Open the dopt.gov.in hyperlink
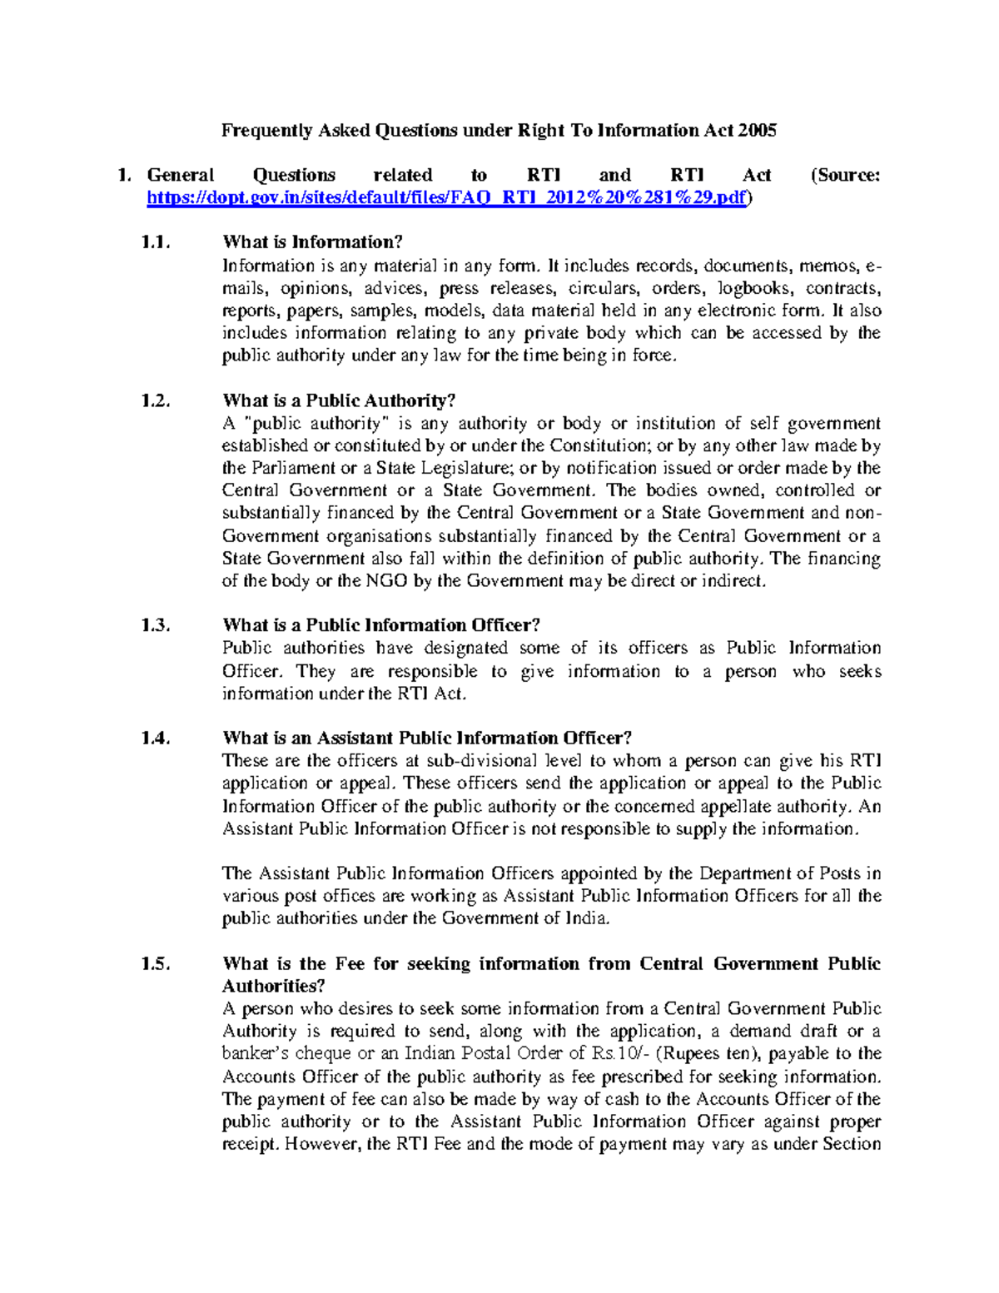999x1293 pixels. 446,198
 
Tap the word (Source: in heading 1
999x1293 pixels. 844,176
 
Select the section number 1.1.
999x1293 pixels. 156,242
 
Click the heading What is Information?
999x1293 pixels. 312,242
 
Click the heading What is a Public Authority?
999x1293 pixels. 339,400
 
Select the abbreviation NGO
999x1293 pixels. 386,581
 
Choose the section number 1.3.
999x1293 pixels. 156,625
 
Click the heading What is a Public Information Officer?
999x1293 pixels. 381,625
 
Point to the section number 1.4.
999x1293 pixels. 156,738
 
